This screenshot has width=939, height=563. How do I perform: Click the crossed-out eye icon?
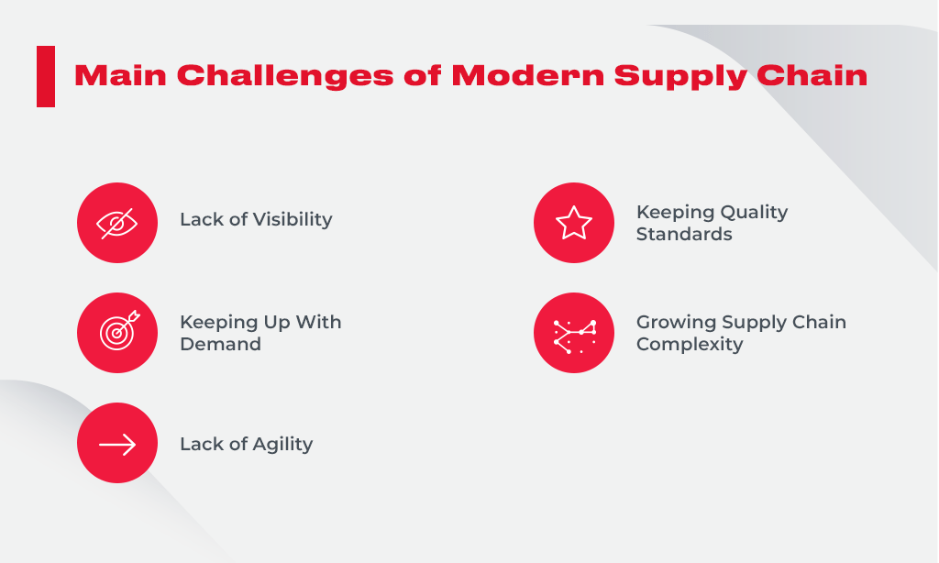click(117, 223)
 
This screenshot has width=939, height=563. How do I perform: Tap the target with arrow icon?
click(117, 333)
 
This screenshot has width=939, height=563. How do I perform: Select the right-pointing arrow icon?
click(117, 444)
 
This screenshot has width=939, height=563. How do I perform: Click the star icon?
click(574, 223)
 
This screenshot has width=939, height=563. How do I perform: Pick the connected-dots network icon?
click(574, 333)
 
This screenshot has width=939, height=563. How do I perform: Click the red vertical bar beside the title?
click(46, 76)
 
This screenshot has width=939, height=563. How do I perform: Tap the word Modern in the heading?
click(527, 76)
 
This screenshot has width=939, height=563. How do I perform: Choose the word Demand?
click(220, 345)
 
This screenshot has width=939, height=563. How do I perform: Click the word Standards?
click(684, 235)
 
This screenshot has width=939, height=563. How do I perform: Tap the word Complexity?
click(690, 345)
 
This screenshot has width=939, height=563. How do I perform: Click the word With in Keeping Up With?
click(319, 322)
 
